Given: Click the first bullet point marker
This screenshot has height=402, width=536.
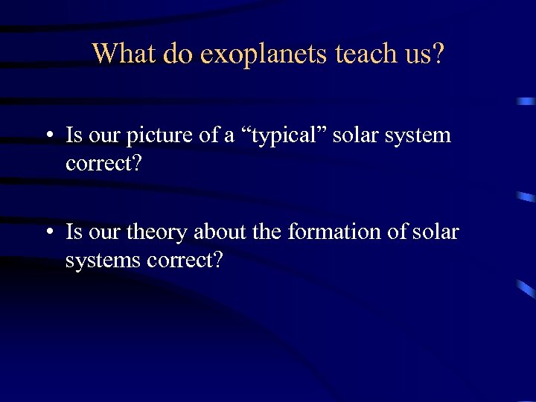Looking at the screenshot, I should [x=48, y=136].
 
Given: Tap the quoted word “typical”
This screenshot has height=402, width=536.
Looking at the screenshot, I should [x=278, y=135].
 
